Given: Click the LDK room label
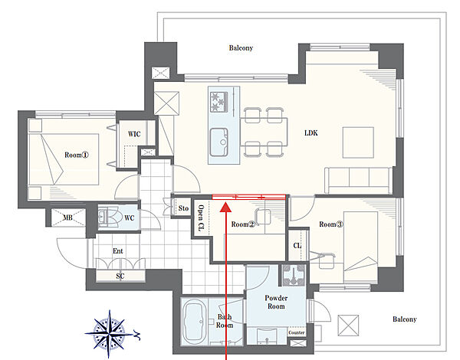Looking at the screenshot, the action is (x=311, y=133).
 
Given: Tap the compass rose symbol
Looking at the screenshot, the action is (x=110, y=334).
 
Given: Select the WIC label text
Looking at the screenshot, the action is (x=134, y=134).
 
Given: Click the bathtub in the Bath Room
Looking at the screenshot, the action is (x=194, y=321).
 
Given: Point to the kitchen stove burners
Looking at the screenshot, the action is (x=219, y=101).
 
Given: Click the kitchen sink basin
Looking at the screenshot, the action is (x=219, y=142).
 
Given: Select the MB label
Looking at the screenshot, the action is (x=67, y=218).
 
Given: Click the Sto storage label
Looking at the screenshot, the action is (x=183, y=208).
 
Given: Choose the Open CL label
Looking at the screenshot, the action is (x=201, y=218).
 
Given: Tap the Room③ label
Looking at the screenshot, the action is (x=331, y=224).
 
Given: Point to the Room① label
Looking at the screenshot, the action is (x=76, y=155).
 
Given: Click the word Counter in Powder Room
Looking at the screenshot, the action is (x=296, y=332).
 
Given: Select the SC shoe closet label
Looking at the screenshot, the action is (x=120, y=276).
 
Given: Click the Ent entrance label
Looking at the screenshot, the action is (x=118, y=251).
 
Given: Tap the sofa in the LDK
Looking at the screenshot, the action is (x=359, y=180).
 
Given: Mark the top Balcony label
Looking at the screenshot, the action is (x=241, y=47).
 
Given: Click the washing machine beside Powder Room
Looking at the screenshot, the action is (x=294, y=275).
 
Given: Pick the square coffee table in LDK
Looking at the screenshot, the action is (x=359, y=142).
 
